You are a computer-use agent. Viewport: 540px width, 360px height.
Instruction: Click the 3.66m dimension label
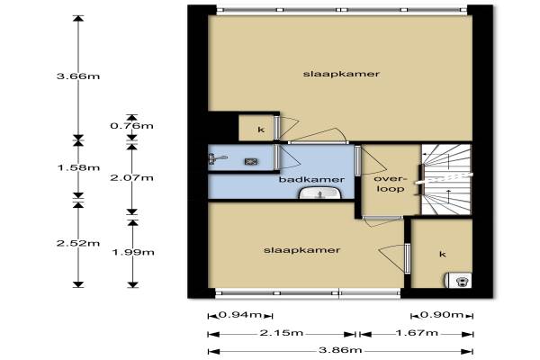pos(78,76)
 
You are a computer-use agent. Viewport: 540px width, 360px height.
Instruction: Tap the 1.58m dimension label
pos(78,167)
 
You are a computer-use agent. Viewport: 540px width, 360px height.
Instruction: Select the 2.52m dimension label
pos(78,243)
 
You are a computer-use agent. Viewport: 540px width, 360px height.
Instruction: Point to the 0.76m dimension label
pos(132,126)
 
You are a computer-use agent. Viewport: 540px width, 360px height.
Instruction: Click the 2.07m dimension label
pos(132,178)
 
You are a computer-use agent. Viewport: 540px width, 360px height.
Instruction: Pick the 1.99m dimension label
pos(133,252)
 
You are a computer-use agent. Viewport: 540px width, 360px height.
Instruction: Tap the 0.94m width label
pos(240,314)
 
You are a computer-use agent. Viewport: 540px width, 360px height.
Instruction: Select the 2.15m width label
pos(282,333)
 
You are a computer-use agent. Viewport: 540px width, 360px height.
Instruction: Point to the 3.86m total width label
pos(340,350)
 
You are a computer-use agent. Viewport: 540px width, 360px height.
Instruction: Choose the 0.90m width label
pos(442,314)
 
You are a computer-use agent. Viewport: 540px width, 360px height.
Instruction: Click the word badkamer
pos(311,179)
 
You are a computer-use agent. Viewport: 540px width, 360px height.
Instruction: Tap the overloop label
pos(391,184)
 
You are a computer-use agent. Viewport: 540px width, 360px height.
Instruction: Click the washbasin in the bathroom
pos(320,193)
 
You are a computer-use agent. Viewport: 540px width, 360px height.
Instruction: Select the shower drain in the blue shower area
pos(249,161)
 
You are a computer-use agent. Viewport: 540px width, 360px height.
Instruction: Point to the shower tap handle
pos(217,159)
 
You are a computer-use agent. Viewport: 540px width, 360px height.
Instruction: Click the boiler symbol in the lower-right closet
pos(458,280)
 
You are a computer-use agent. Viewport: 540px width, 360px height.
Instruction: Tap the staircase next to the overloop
pos(446,179)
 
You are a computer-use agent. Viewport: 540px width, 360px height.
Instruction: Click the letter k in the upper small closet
pos(261,130)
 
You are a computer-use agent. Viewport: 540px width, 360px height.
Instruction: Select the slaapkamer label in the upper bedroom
pos(341,74)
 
